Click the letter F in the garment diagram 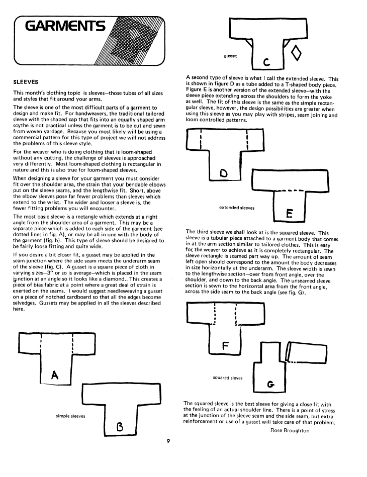(x=225, y=345)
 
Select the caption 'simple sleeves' (x=70, y=416)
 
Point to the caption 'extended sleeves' (x=237, y=207)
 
